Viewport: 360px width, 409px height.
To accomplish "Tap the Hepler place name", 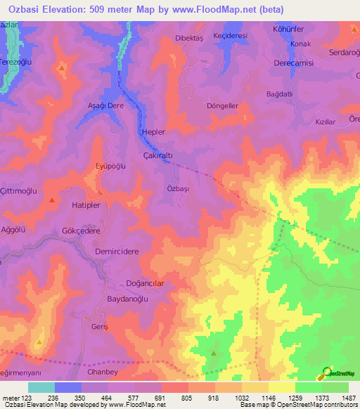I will (153, 132).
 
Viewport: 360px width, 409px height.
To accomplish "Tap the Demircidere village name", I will (117, 251).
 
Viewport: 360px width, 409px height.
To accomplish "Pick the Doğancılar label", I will (144, 283).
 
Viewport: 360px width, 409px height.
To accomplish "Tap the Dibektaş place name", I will (188, 39).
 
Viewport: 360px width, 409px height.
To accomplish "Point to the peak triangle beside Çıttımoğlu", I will (53, 201).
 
